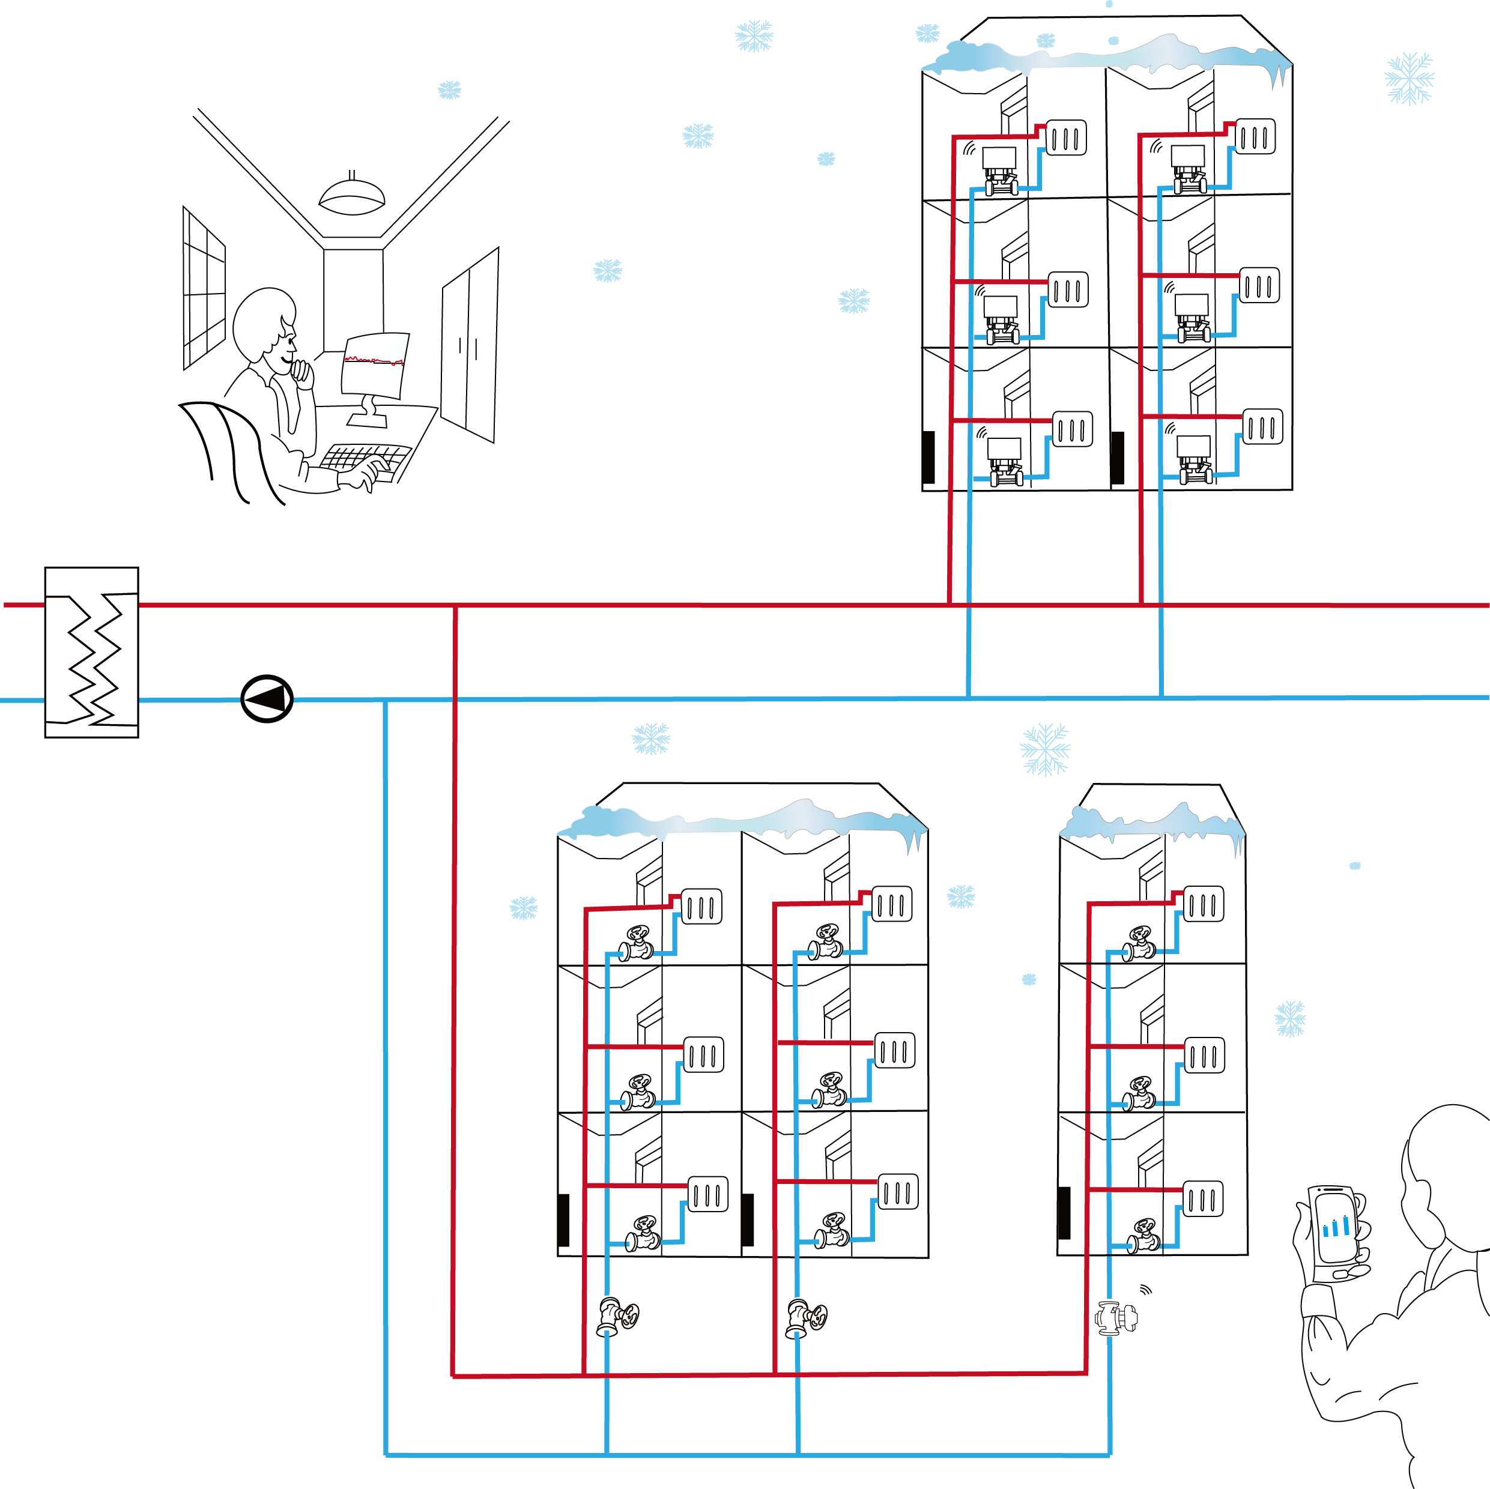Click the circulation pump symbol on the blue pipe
(x=267, y=699)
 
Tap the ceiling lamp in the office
(x=353, y=196)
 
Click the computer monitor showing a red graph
(x=375, y=364)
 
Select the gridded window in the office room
(x=204, y=288)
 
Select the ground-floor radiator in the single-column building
(x=1203, y=1199)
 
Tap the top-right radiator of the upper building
(x=1256, y=136)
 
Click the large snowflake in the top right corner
(x=1409, y=78)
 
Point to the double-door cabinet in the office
(x=470, y=345)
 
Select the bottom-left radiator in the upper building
(x=1073, y=429)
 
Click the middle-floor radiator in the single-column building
(x=1205, y=1055)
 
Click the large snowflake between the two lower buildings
(x=1045, y=748)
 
